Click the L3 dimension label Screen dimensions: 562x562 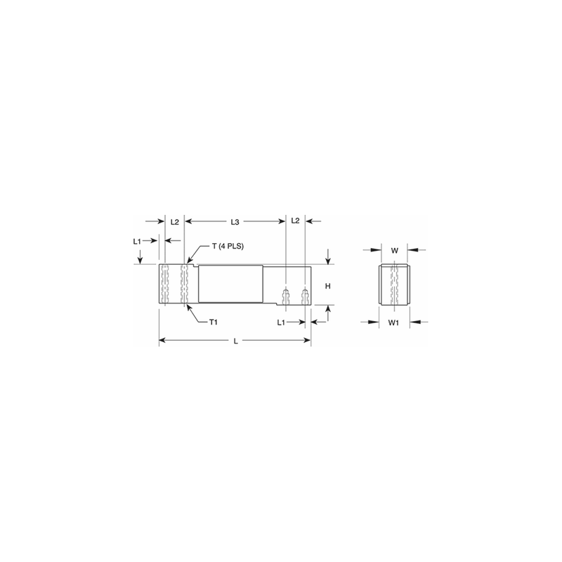pyautogui.click(x=236, y=222)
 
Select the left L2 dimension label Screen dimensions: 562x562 pyautogui.click(x=175, y=222)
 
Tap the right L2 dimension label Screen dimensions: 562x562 pyautogui.click(x=295, y=221)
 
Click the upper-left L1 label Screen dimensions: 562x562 pyautogui.click(x=138, y=241)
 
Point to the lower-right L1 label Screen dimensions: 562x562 pyautogui.click(x=280, y=322)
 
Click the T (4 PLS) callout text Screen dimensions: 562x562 pyautogui.click(x=228, y=246)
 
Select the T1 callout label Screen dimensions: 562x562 pyautogui.click(x=216, y=322)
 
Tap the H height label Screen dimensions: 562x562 pyautogui.click(x=327, y=286)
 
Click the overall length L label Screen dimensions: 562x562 pyautogui.click(x=235, y=341)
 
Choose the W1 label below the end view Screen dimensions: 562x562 pyautogui.click(x=394, y=322)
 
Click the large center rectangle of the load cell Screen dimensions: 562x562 pyautogui.click(x=230, y=284)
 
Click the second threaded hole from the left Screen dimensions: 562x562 pyautogui.click(x=184, y=285)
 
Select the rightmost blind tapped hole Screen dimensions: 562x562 pyautogui.click(x=305, y=295)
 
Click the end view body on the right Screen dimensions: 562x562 pyautogui.click(x=394, y=285)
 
